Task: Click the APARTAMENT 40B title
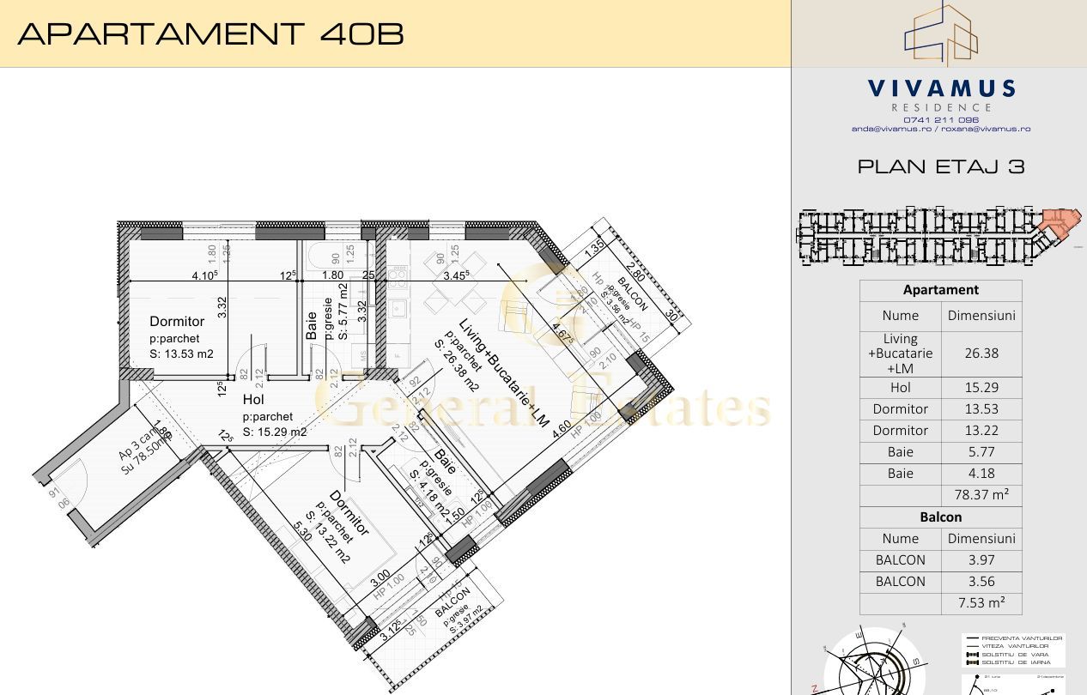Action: coord(210,33)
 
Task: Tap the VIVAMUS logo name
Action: coord(941,88)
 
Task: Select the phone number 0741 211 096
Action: coord(941,120)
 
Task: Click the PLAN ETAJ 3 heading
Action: coord(941,166)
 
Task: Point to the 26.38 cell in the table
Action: coord(981,353)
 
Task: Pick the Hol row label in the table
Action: coord(900,388)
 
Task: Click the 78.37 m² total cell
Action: coord(981,495)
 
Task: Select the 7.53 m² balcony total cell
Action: coord(981,602)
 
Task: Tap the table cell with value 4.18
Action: coord(981,474)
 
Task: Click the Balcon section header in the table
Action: coord(941,517)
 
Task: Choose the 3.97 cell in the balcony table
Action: coord(981,559)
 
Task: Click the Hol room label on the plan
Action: coord(253,400)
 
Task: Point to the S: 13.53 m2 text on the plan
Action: coord(181,354)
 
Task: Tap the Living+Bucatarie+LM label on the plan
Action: coord(504,375)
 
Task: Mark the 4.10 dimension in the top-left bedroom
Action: coord(204,275)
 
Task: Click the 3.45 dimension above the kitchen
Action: coord(457,275)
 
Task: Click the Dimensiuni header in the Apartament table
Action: coord(981,315)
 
